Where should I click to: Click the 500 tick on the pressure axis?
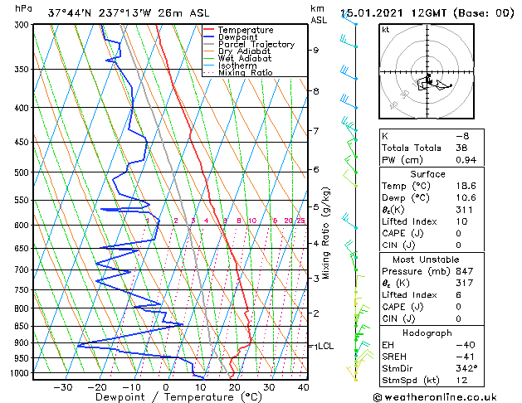[x=23, y=172]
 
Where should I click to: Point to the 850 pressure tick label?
[x=23, y=326]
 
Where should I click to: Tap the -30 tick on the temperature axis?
[x=62, y=386]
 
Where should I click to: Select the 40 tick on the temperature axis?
[x=303, y=386]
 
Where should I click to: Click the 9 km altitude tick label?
[x=315, y=50]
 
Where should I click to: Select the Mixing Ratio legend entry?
[x=245, y=73]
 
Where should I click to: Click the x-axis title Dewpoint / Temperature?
[x=168, y=397]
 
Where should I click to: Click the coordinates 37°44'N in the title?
[x=71, y=13]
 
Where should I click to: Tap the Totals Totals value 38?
[x=461, y=147]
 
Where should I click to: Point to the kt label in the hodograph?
[x=385, y=30]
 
